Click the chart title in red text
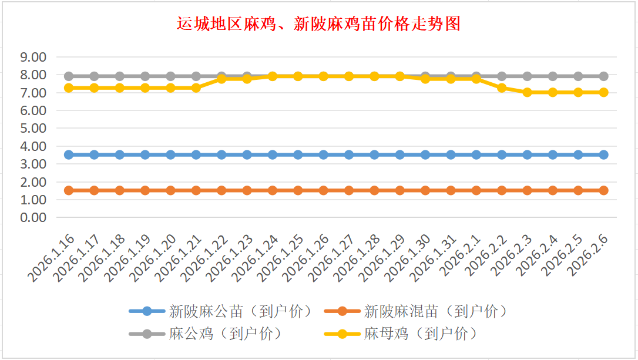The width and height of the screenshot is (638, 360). (318, 24)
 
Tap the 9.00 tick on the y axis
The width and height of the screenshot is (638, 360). (33, 58)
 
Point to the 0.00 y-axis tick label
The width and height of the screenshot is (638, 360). (33, 217)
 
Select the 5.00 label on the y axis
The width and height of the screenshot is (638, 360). (33, 129)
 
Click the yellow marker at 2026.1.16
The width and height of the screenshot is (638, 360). (69, 88)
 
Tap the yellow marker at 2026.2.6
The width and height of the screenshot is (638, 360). (603, 92)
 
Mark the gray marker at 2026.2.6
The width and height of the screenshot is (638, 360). (603, 76)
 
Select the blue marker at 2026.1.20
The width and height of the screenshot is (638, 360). (170, 154)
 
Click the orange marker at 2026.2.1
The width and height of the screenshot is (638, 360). (476, 190)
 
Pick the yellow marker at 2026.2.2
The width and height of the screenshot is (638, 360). (502, 88)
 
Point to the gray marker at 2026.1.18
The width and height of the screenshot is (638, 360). (120, 76)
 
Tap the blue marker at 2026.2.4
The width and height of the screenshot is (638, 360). (552, 154)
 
